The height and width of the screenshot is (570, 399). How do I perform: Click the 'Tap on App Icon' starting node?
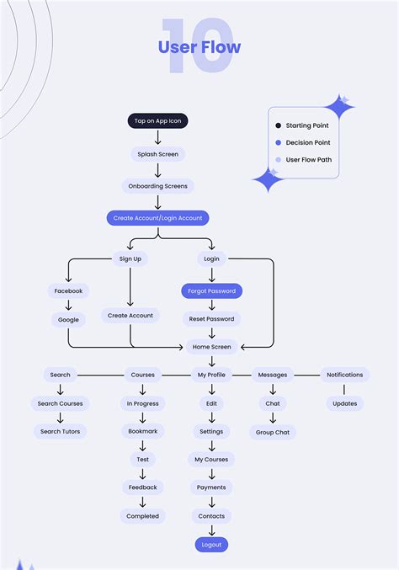(157, 121)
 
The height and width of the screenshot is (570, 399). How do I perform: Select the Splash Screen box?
(157, 154)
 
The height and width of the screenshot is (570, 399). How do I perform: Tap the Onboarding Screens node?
(157, 186)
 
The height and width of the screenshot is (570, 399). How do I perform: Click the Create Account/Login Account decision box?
(157, 218)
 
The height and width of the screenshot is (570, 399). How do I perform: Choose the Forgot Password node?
(211, 291)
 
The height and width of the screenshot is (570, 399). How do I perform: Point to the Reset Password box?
(211, 319)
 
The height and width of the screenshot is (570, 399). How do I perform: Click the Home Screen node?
(211, 347)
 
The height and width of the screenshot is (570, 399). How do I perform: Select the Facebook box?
(68, 291)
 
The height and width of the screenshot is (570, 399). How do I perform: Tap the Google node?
(68, 320)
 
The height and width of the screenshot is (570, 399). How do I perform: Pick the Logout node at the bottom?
(211, 545)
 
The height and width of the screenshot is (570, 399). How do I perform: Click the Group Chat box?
(273, 432)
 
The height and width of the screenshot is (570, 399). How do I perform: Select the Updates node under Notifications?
(344, 403)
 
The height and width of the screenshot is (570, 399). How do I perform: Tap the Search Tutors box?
(60, 432)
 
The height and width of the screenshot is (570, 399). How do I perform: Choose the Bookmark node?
(142, 432)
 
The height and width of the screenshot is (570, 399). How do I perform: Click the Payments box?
(211, 487)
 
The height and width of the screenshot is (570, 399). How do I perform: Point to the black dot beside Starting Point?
(279, 125)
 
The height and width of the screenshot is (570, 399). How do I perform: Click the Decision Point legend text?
(307, 142)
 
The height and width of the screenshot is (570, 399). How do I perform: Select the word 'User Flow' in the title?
(199, 47)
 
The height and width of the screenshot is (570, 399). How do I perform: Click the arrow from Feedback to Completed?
(142, 502)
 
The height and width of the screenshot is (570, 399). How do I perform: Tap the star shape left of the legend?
(269, 179)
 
